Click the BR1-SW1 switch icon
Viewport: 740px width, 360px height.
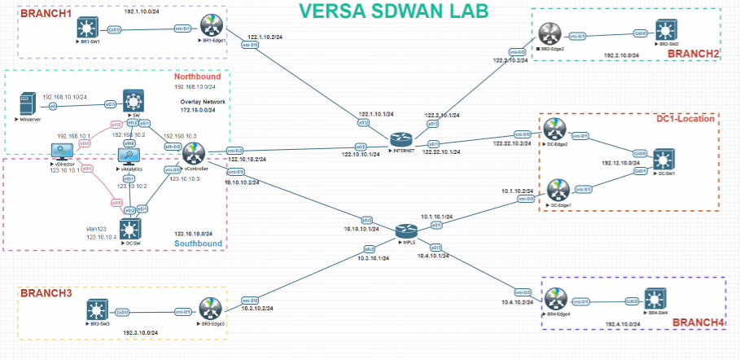click(x=86, y=27)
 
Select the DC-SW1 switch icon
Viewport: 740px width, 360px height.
click(x=667, y=158)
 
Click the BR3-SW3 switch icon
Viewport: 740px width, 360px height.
click(x=98, y=310)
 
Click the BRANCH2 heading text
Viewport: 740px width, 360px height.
click(x=693, y=54)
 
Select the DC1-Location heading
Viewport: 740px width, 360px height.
click(x=685, y=119)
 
